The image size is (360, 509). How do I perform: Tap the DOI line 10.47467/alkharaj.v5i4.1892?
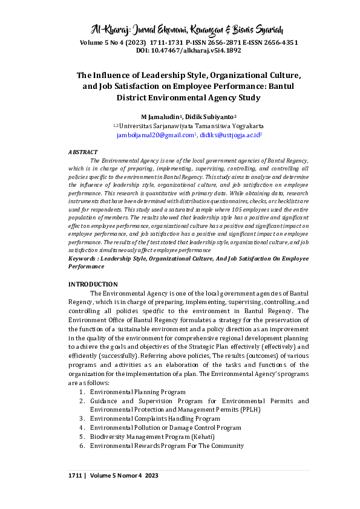tap(180, 51)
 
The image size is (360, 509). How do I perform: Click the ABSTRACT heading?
tap(82, 152)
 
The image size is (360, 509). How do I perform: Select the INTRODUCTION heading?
tap(93, 284)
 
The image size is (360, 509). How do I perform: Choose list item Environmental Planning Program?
tap(137, 392)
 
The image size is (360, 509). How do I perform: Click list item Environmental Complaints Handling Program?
tap(154, 418)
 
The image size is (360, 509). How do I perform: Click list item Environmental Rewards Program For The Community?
tap(166, 446)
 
